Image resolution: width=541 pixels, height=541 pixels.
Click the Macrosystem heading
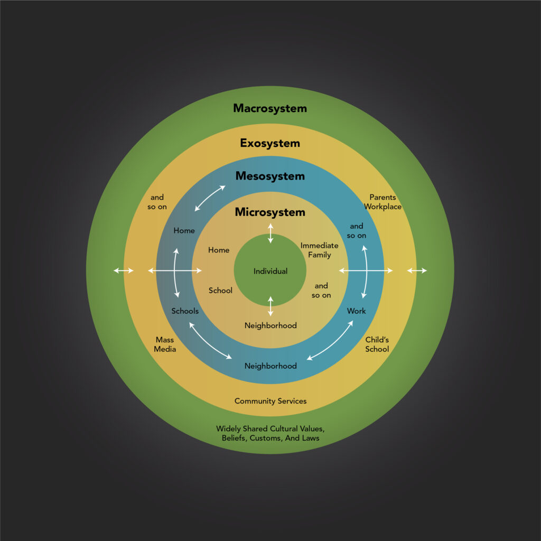270,108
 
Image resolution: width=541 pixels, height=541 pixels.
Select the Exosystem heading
270,143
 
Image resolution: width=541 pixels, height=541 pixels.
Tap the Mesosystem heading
270,176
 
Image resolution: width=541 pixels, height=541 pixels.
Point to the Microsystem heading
270,212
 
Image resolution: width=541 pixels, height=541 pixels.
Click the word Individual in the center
270,272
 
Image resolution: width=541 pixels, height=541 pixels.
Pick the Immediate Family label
320,250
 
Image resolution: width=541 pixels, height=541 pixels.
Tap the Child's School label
377,344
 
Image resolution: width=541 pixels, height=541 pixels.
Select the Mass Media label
165,344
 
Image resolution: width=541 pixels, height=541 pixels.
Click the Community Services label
270,402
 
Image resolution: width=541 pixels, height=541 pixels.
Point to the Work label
357,311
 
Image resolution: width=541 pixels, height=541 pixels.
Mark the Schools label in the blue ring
185,311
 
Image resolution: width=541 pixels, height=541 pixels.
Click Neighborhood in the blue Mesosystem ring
270,366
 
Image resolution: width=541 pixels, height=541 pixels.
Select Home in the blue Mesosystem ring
184,231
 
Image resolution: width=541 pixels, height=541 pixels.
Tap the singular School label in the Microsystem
220,291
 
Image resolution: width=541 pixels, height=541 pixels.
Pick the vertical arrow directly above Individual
270,234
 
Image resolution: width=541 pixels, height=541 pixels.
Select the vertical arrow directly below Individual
270,307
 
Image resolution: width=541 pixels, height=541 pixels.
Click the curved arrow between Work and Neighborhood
330,342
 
